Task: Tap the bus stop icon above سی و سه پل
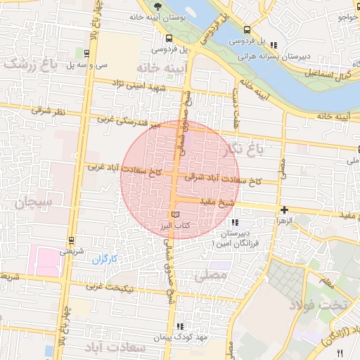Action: tap(86, 53)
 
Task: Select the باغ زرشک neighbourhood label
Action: tap(28, 64)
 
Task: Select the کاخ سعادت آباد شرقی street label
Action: tap(223, 180)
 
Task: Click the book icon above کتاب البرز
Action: tap(175, 214)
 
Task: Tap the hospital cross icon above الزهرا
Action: tap(283, 210)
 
